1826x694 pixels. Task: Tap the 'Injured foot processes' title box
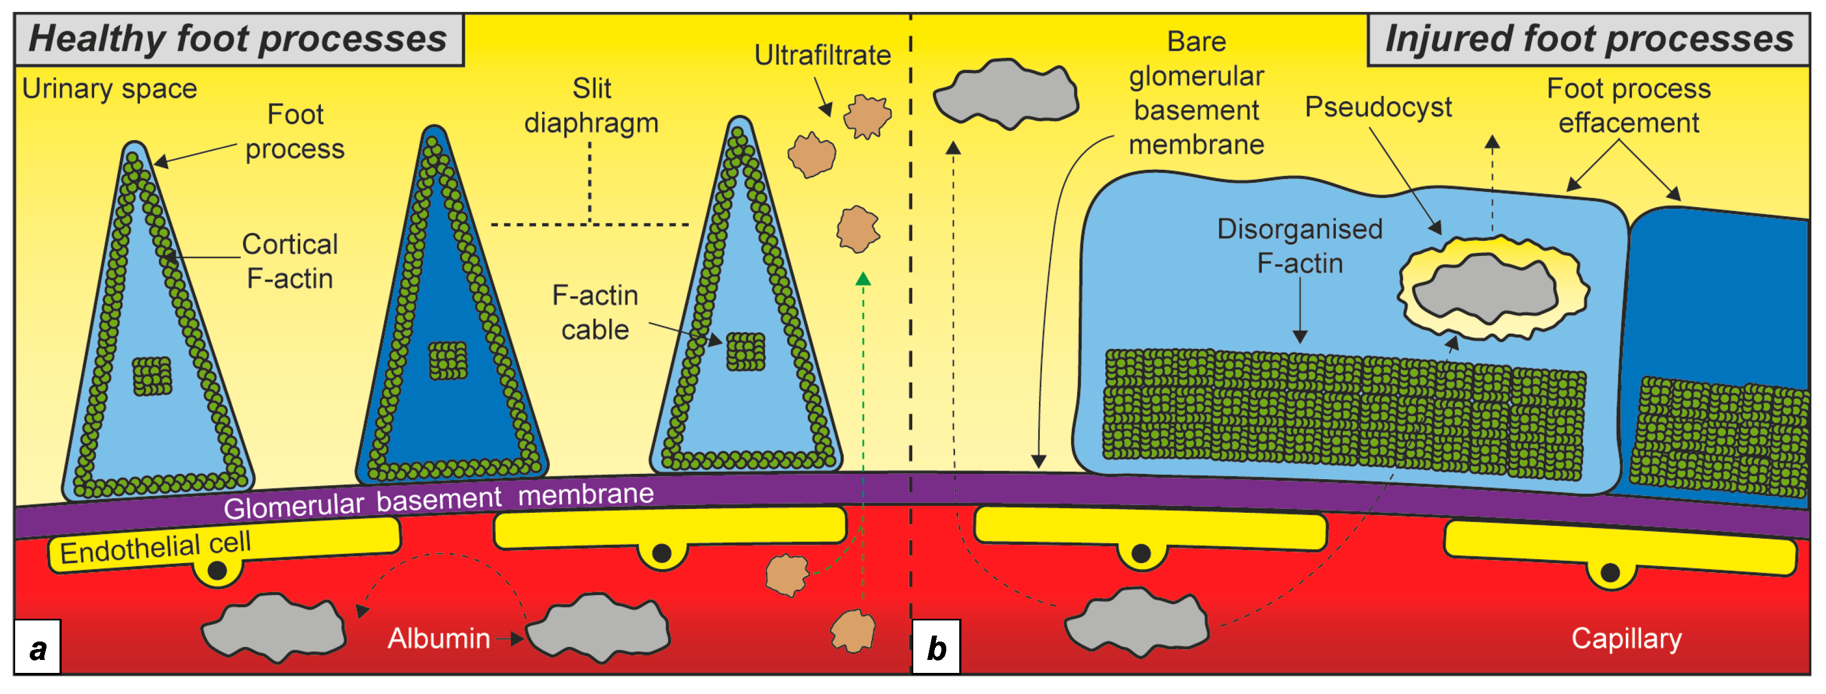click(x=1588, y=39)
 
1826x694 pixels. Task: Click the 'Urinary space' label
click(x=109, y=89)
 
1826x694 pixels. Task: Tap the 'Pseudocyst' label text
click(x=1377, y=108)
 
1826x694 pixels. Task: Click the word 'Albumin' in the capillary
click(x=438, y=639)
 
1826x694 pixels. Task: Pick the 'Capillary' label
click(x=1626, y=639)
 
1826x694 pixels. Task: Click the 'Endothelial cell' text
click(x=155, y=547)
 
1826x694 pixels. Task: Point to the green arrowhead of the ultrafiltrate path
click(x=862, y=279)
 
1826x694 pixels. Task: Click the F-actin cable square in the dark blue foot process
click(x=448, y=360)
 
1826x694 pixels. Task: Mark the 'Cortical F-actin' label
click(x=289, y=261)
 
